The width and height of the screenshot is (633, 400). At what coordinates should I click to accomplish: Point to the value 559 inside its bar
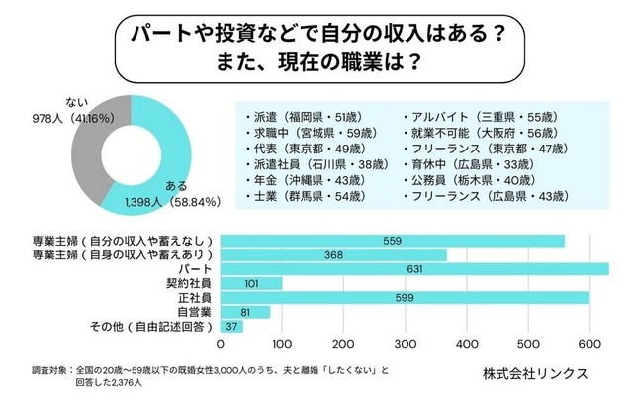click(392, 240)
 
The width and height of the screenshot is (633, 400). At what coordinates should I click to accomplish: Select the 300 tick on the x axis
click(406, 344)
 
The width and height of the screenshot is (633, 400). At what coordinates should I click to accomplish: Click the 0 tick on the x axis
click(220, 344)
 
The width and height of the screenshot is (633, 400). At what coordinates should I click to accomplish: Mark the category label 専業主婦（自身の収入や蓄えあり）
click(109, 254)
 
